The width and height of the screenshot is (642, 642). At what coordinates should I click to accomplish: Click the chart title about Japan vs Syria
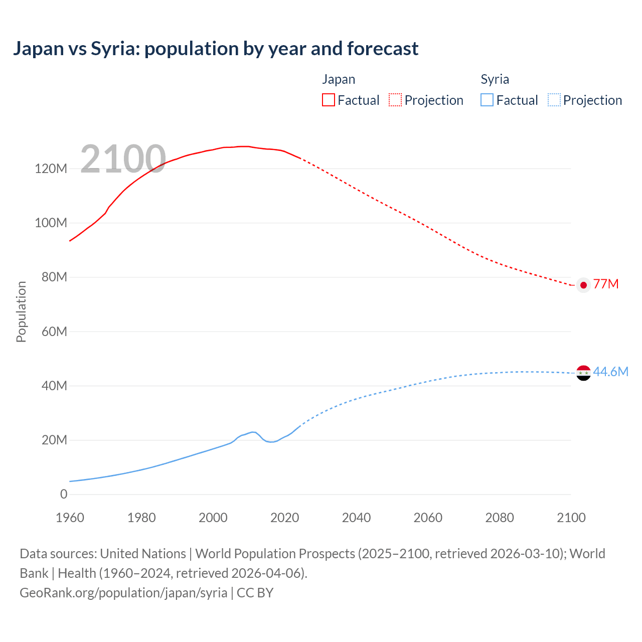point(216,49)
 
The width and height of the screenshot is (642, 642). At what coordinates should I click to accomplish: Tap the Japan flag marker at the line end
point(583,285)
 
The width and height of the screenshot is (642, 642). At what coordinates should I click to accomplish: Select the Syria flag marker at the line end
point(583,373)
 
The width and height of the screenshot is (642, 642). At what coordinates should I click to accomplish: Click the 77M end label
point(606,284)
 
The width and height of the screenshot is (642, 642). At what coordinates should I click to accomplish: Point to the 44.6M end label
point(610,372)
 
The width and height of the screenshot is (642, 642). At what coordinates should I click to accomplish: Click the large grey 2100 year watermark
point(123,159)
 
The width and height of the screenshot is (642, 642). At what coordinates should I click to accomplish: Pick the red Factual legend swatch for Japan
point(329,100)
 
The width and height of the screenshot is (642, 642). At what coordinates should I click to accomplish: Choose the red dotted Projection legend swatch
point(395,100)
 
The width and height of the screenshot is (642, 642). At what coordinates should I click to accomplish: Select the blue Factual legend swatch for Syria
point(487,100)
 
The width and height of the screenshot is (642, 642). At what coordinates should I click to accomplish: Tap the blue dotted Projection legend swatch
point(554,100)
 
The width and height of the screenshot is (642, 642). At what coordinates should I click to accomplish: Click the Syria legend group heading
point(495,79)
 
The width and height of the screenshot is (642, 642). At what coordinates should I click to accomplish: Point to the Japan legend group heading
point(339,79)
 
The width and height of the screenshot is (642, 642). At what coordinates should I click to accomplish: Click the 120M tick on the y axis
point(51,169)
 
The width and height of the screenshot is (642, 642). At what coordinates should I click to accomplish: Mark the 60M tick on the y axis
point(54,332)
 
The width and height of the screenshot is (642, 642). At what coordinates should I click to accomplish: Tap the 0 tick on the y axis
point(64,494)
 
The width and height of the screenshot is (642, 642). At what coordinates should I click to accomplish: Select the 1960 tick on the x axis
point(70,518)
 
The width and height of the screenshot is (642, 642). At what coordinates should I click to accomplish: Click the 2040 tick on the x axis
point(356,518)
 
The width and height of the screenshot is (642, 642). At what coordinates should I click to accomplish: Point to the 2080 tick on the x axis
point(500,518)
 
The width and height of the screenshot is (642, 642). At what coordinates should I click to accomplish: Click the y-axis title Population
point(21,311)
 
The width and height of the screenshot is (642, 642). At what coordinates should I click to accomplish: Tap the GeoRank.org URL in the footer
point(123,592)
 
